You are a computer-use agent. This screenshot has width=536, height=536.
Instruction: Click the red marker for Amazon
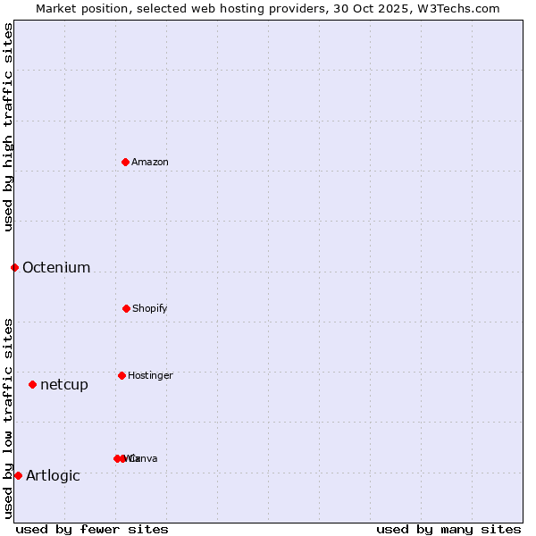pyautogui.click(x=125, y=162)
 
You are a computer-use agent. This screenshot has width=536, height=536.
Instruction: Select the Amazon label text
pyautogui.click(x=150, y=163)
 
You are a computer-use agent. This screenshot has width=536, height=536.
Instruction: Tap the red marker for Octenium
pyautogui.click(x=14, y=267)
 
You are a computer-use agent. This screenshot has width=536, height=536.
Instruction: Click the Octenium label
pyautogui.click(x=56, y=268)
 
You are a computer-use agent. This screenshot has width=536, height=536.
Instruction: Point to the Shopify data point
pyautogui.click(x=126, y=308)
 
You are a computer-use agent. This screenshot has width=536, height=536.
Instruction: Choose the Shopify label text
pyautogui.click(x=150, y=309)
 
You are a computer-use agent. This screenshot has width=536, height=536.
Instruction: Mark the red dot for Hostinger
pyautogui.click(x=121, y=375)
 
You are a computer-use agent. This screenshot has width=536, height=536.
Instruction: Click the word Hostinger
pyautogui.click(x=150, y=376)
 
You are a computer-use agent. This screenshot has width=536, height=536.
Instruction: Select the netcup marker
pyautogui.click(x=32, y=384)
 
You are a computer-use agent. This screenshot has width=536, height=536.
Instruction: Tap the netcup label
pyautogui.click(x=64, y=385)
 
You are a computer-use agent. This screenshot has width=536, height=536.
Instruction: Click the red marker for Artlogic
pyautogui.click(x=18, y=475)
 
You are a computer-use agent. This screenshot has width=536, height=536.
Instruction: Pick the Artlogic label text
pyautogui.click(x=53, y=476)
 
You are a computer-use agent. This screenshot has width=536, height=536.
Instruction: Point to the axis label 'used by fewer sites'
pyautogui.click(x=92, y=530)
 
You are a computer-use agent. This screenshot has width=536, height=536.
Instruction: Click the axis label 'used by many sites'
pyautogui.click(x=448, y=530)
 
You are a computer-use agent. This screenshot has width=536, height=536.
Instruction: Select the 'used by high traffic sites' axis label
pyautogui.click(x=8, y=127)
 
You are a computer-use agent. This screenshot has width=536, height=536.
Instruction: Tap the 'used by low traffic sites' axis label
pyautogui.click(x=8, y=418)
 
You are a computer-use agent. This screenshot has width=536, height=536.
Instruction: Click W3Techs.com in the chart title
pyautogui.click(x=459, y=8)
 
